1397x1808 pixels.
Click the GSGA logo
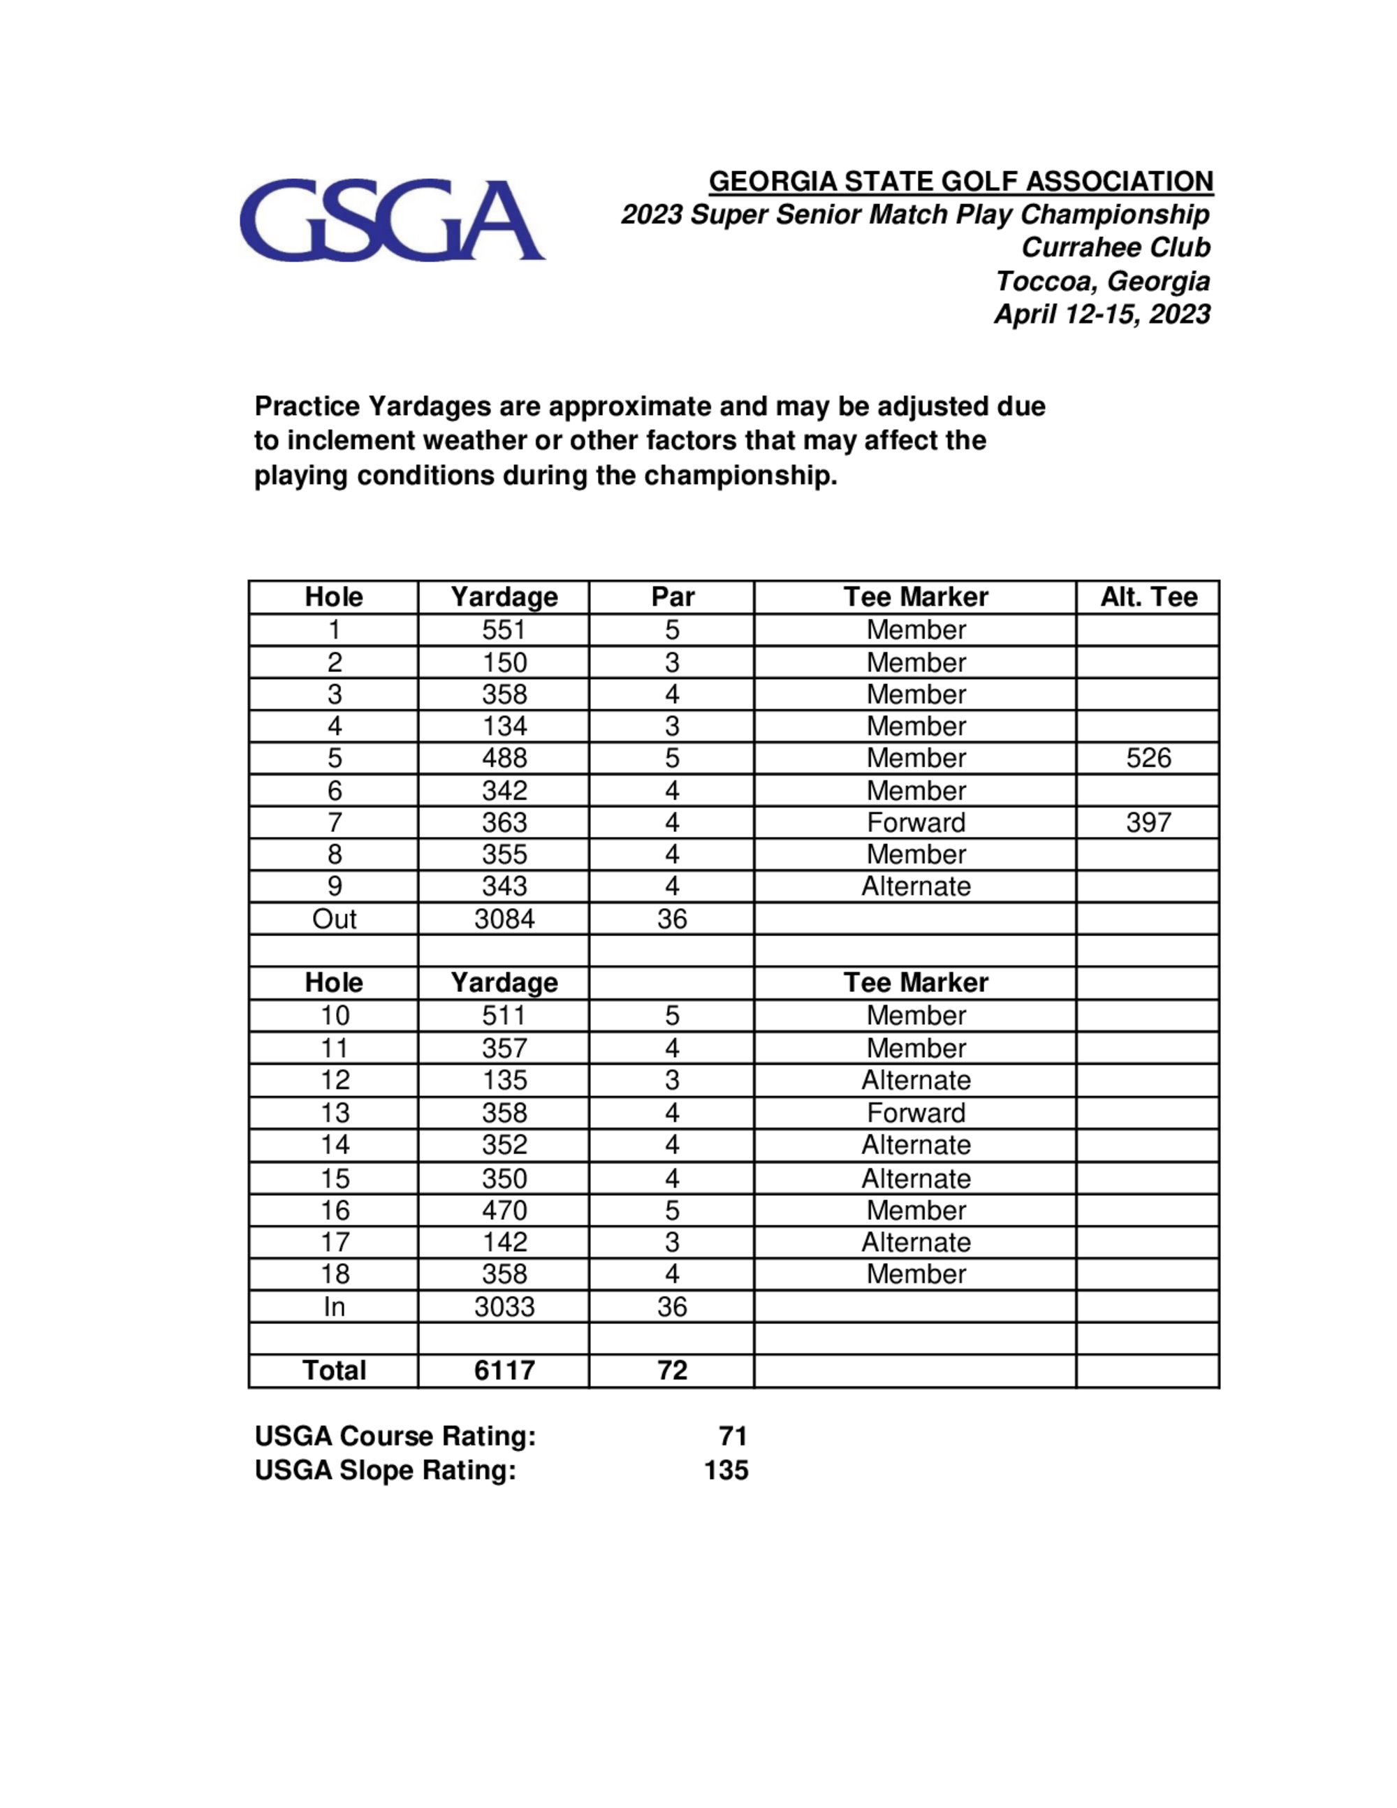tap(391, 220)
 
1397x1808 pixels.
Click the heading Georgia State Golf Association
tap(961, 182)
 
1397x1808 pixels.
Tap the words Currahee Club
tap(1116, 247)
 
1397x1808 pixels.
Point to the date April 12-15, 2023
tap(1102, 314)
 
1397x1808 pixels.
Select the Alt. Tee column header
tap(1148, 597)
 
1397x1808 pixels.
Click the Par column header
tap(672, 597)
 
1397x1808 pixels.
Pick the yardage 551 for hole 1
tap(504, 630)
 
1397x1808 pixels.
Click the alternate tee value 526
tap(1148, 758)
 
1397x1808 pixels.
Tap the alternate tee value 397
tap(1148, 823)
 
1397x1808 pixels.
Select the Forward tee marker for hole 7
tap(915, 823)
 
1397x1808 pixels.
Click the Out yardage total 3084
tap(504, 919)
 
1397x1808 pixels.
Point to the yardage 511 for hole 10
tap(504, 1016)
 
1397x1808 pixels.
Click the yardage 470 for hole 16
tap(504, 1210)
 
